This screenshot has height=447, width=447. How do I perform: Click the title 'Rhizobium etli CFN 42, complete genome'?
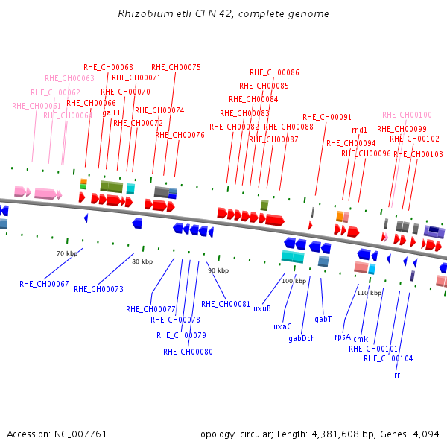223,14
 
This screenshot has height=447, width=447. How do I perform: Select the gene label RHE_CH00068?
108,67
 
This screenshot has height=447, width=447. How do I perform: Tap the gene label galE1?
112,113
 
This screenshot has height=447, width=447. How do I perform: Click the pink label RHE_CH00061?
37,106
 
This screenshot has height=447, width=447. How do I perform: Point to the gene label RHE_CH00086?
274,72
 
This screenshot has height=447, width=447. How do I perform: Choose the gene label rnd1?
359,130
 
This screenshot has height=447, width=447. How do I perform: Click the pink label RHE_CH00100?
407,115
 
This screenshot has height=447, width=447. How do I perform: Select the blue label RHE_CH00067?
44,284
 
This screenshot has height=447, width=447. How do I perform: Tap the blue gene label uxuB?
262,308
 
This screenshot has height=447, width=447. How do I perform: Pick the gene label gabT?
323,319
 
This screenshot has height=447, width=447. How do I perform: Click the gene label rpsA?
343,337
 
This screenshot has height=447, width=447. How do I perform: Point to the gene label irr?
396,375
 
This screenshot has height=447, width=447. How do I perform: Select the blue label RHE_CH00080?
188,352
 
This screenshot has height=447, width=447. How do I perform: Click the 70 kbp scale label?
67,253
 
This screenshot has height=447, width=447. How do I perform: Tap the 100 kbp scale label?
294,281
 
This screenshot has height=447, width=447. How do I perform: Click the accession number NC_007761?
80,434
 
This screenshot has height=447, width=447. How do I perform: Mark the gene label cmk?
361,339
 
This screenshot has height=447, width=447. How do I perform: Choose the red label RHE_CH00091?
327,117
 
